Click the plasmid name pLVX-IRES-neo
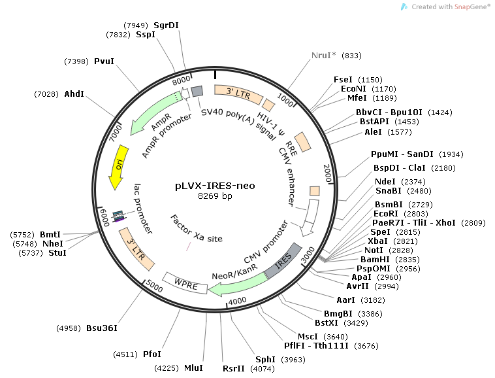click(x=215, y=185)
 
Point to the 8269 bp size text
click(x=215, y=196)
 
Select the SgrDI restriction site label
click(x=166, y=25)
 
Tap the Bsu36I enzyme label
click(x=103, y=327)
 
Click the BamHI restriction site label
click(x=382, y=259)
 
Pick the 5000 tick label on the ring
click(x=154, y=286)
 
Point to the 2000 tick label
click(x=328, y=174)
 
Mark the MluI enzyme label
click(x=193, y=368)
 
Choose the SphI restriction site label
click(x=264, y=359)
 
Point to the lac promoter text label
click(x=144, y=208)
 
